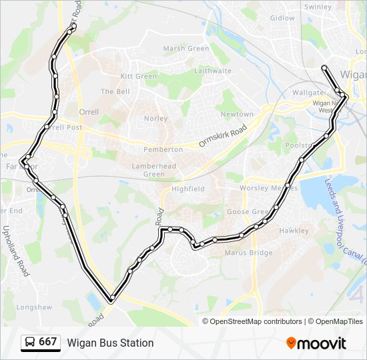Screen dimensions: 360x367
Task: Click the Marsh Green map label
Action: point(186,49)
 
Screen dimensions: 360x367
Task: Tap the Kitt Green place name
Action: point(139,77)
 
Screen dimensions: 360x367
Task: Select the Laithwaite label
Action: point(213,71)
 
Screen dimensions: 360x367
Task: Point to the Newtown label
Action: point(237,115)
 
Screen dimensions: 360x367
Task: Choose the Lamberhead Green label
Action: point(154,170)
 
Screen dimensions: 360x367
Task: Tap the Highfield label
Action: point(188,189)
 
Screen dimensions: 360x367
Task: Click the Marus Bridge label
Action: point(248,253)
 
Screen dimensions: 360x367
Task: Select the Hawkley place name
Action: point(294,231)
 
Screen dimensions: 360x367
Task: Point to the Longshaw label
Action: point(33,307)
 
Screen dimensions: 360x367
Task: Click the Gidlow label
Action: point(282,18)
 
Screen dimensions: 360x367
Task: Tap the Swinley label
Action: point(318,7)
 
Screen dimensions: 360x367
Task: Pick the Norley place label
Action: point(155,119)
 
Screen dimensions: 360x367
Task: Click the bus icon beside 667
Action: point(30,342)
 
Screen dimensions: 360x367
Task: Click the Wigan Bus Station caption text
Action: point(110,343)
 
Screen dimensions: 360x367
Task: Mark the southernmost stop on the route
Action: point(111,298)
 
